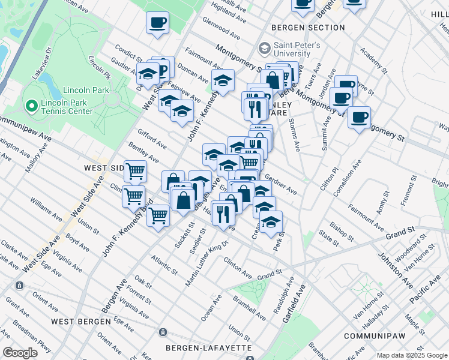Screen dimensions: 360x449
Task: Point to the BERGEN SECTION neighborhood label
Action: (308, 28)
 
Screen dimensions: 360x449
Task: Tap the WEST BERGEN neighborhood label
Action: (80, 322)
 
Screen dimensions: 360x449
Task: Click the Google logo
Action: (20, 353)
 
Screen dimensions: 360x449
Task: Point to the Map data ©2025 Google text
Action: (412, 355)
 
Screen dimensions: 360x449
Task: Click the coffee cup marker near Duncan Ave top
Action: (157, 24)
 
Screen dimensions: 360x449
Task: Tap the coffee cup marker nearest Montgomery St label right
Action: (359, 117)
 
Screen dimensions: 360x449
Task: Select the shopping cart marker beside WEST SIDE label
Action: (135, 172)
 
